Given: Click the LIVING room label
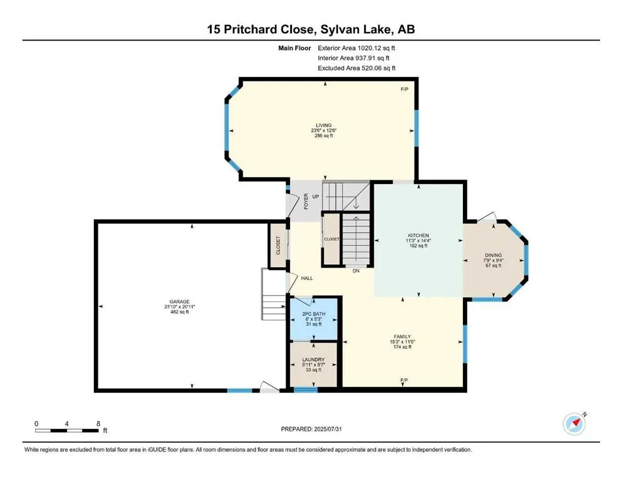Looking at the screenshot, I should coord(323,125).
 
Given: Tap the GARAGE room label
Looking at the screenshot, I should coord(180,301).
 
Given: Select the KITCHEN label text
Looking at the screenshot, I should coord(417,235).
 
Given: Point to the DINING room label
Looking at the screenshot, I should coord(493,255).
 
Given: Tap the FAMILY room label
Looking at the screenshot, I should coord(402,336).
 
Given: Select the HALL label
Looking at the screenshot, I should coord(306,278).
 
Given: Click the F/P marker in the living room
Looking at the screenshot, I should coord(404,90).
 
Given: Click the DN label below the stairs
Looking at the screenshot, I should coord(355,271).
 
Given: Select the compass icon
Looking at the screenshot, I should coord(574,424).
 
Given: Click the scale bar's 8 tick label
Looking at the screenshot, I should coord(98,423).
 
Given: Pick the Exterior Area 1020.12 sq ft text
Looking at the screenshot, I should coord(356,48).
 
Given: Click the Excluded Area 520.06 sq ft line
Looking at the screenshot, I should coord(356,68).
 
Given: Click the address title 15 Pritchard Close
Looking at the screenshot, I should coord(311,29).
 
